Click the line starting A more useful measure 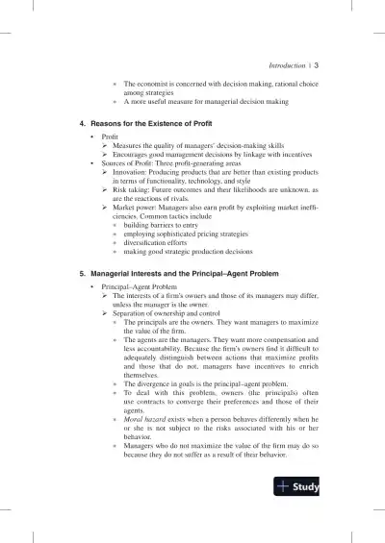click(192, 101)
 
